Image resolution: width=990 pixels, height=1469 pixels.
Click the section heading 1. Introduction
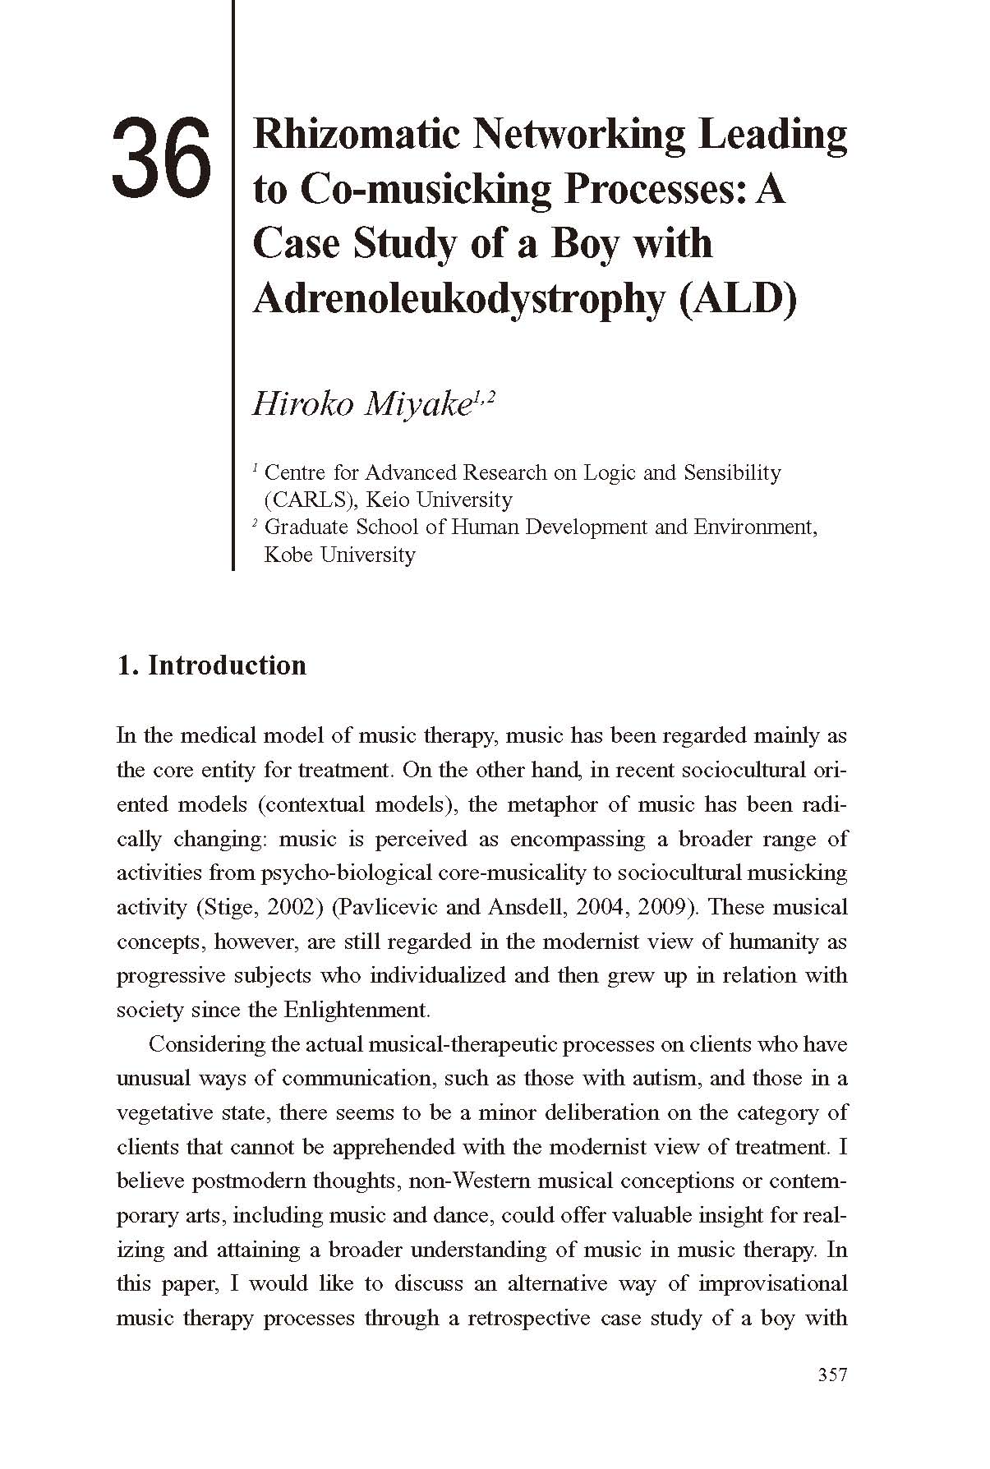point(212,665)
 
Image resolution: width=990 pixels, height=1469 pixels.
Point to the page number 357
point(832,1375)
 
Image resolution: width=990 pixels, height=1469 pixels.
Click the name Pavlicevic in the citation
point(385,907)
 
